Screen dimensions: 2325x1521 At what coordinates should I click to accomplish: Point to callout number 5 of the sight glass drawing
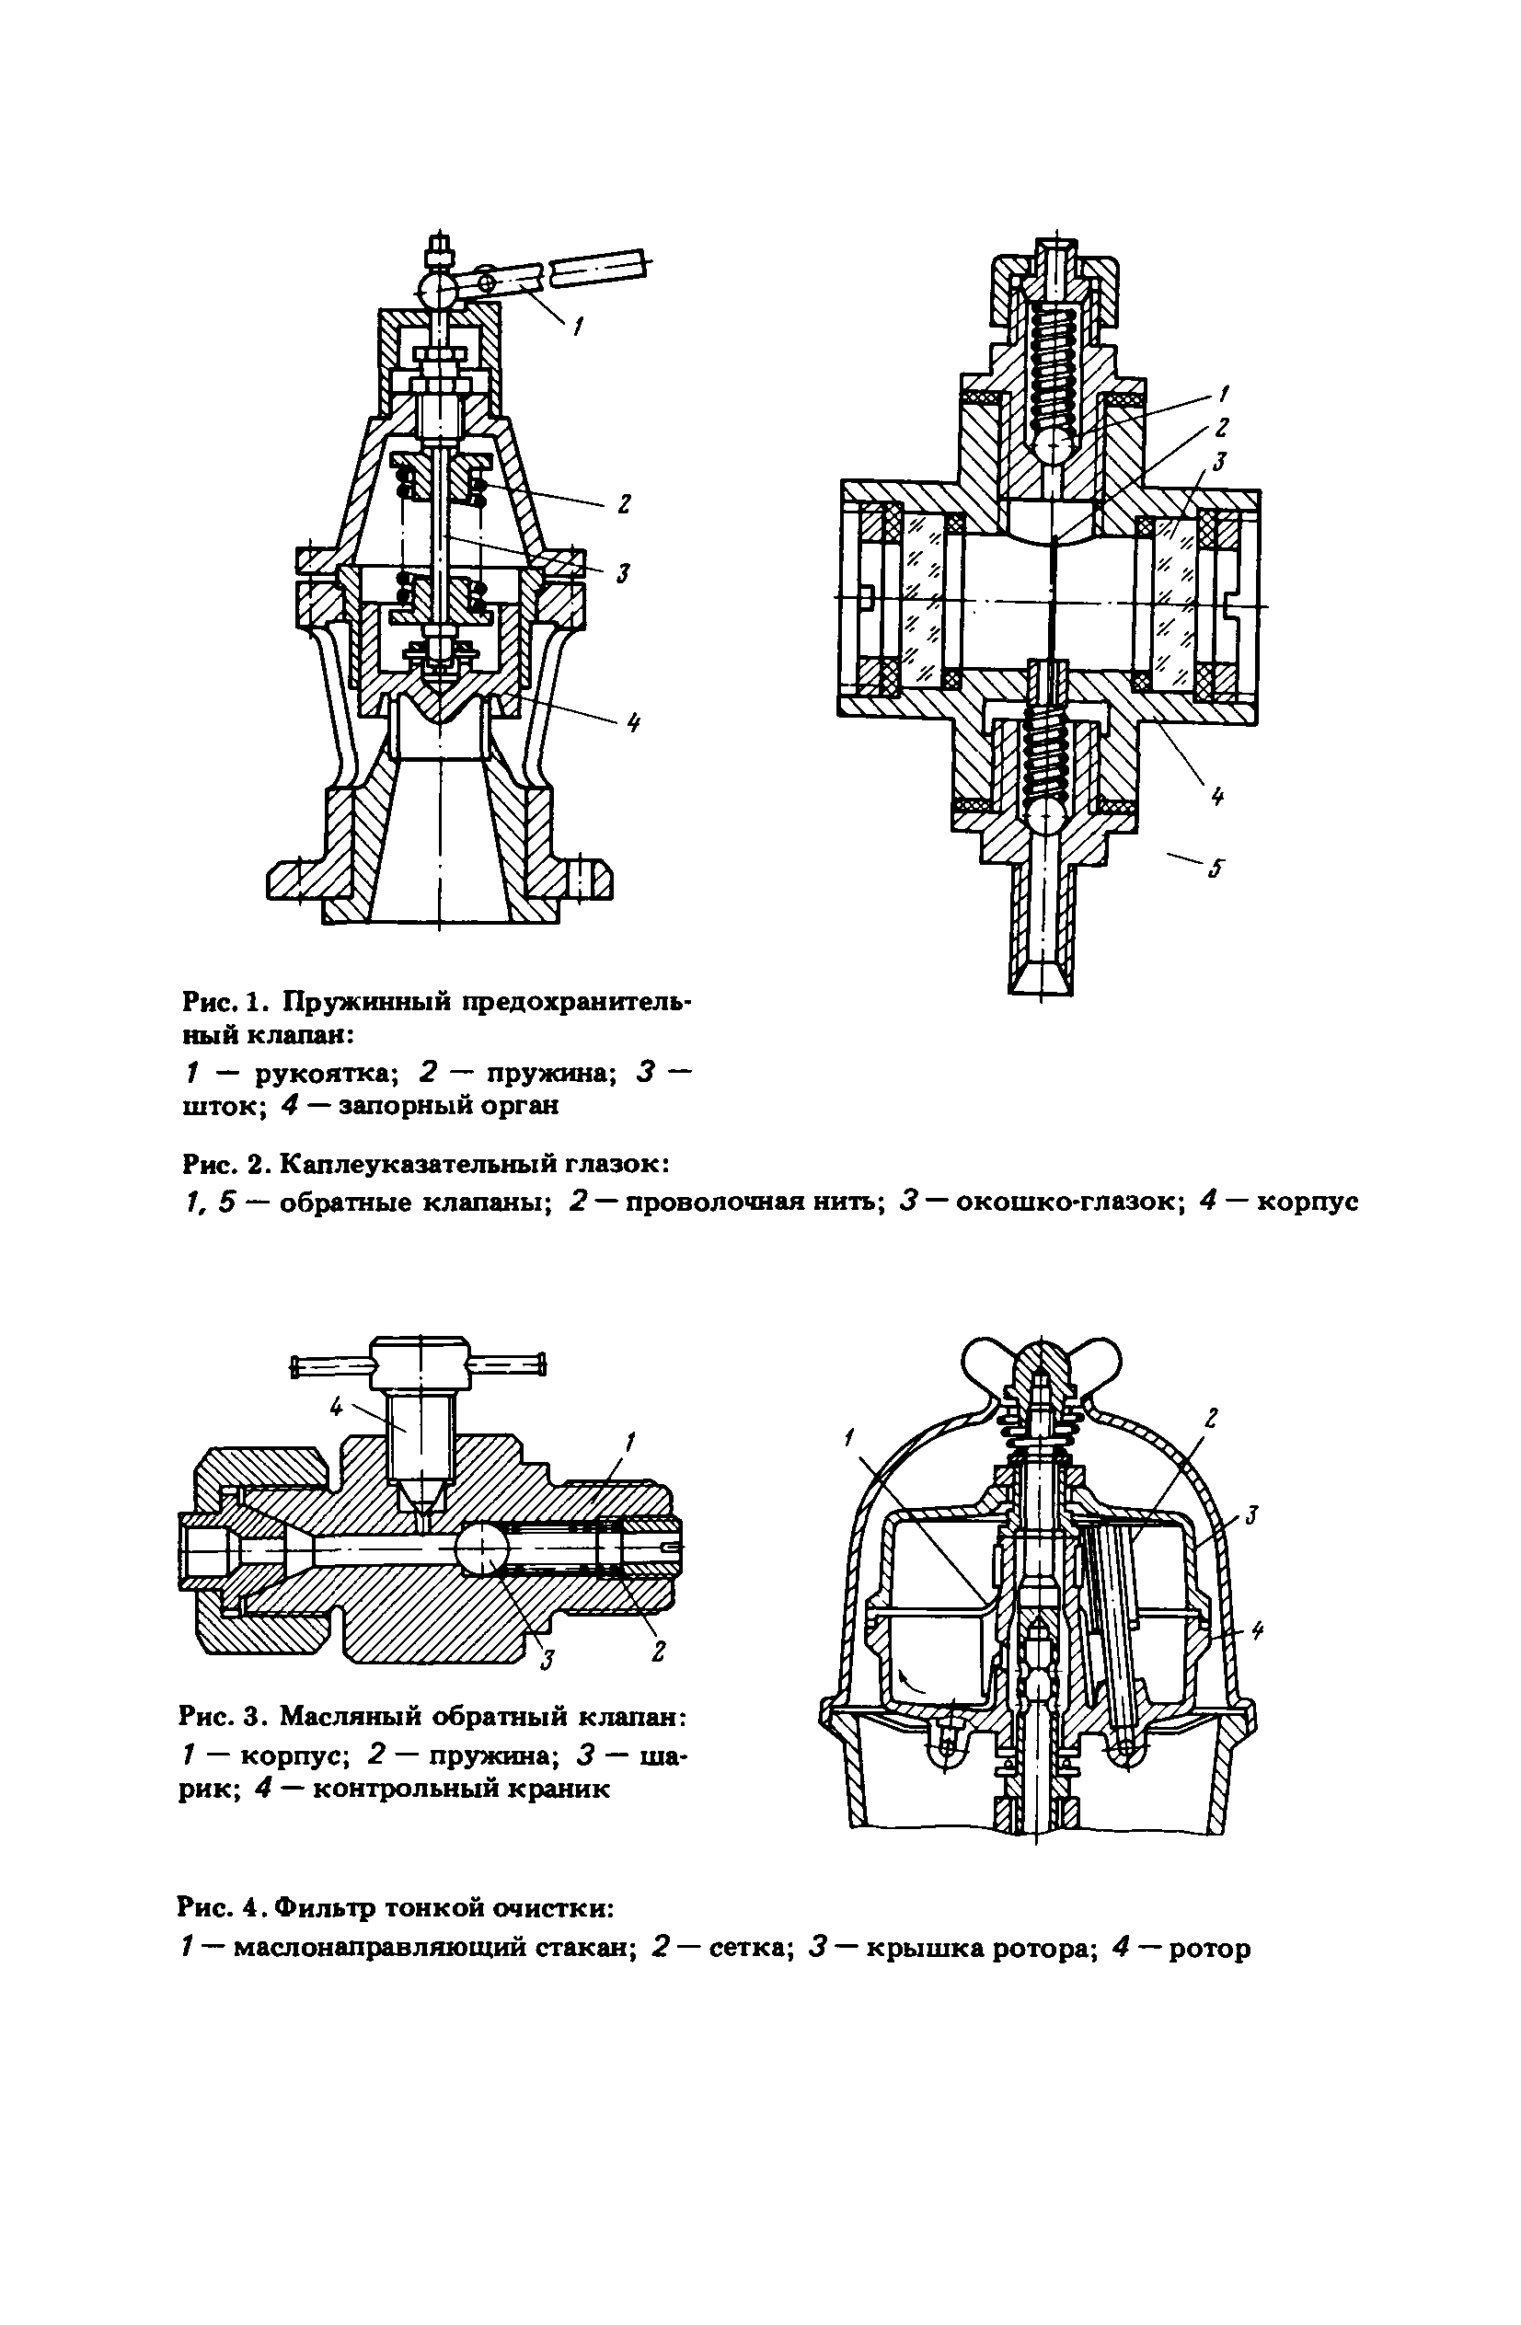pyautogui.click(x=1216, y=868)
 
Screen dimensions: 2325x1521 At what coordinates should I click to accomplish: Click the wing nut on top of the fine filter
pyautogui.click(x=1040, y=1360)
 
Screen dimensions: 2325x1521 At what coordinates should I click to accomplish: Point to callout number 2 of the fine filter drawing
pyautogui.click(x=1214, y=1417)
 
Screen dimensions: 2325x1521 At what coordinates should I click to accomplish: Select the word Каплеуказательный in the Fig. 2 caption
pyautogui.click(x=474, y=1164)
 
